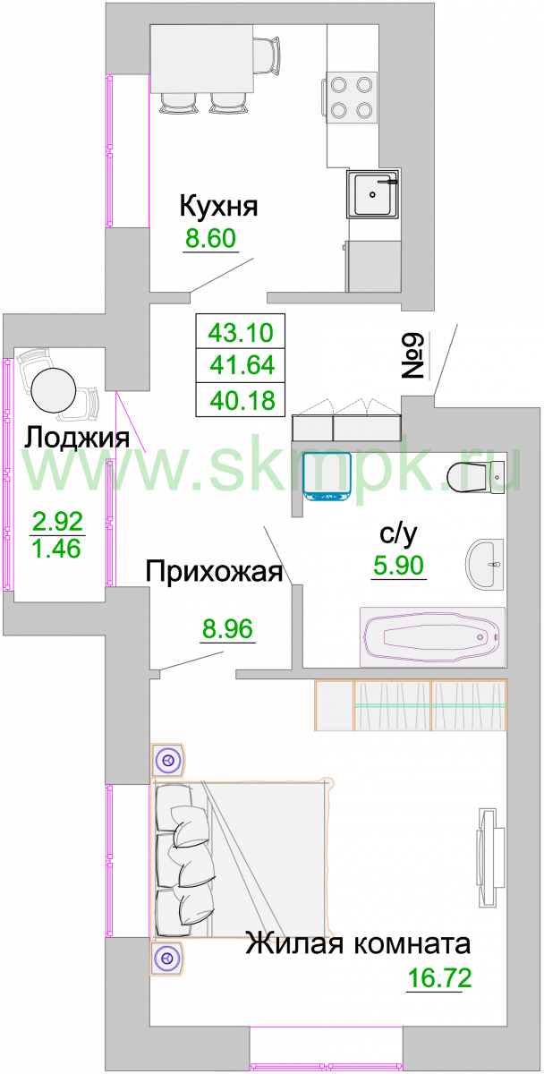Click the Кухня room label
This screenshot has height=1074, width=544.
coord(218,206)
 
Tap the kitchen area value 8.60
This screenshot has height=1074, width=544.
coord(211,238)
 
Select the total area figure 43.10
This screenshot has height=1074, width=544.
coord(241,332)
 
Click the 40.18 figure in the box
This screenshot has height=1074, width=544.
coord(242,400)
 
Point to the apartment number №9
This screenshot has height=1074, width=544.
coord(412,356)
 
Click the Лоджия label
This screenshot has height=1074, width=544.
coord(77,438)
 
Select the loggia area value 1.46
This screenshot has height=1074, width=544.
coord(56,549)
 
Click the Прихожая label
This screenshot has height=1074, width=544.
coord(214,572)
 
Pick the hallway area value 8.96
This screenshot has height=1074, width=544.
coord(227,628)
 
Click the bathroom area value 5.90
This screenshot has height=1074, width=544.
coord(399,566)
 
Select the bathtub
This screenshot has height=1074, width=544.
coord(433,637)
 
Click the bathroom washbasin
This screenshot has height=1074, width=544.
coord(485,565)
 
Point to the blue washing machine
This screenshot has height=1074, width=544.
coord(327,478)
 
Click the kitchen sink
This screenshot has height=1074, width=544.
coord(373,195)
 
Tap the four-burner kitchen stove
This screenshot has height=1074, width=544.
coord(352,98)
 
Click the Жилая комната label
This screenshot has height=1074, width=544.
coord(358,944)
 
